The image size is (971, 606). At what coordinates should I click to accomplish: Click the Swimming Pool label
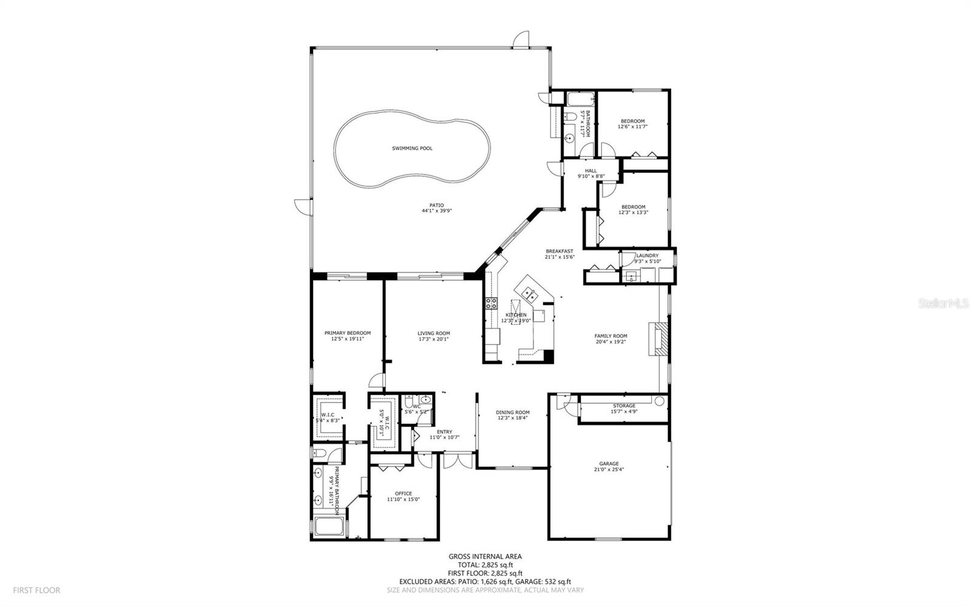click(412, 148)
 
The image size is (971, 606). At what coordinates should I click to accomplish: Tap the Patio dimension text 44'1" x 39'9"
click(436, 211)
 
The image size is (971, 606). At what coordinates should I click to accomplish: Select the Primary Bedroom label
click(347, 333)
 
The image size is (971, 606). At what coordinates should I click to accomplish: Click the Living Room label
click(433, 333)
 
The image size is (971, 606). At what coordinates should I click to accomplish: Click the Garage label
click(609, 463)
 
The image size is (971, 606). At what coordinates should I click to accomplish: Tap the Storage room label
click(624, 406)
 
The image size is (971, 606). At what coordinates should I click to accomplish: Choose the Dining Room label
click(513, 412)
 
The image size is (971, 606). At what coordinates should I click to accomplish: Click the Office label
click(403, 493)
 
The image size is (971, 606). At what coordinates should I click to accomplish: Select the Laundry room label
click(648, 255)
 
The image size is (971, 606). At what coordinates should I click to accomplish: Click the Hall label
click(590, 170)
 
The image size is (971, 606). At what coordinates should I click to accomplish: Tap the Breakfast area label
click(559, 251)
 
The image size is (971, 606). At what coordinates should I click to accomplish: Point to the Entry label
click(444, 432)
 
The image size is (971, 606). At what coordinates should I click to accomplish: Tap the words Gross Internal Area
click(484, 556)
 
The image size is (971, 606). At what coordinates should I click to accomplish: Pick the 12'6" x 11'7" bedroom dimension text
click(632, 127)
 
